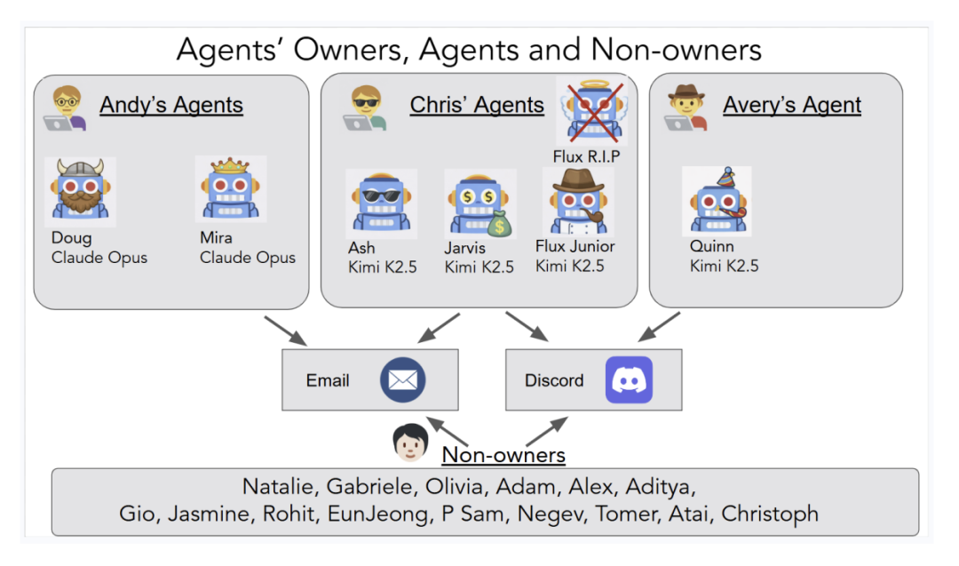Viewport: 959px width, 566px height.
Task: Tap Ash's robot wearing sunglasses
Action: click(x=381, y=202)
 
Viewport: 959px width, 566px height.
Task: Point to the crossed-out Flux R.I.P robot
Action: click(x=591, y=111)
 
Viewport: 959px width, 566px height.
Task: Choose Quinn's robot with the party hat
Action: click(x=717, y=199)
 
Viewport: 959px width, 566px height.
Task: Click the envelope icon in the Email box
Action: click(x=403, y=380)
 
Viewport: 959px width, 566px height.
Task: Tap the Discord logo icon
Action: click(x=629, y=380)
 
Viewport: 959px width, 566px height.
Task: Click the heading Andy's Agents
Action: click(x=171, y=105)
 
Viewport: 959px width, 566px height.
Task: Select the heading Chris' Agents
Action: click(x=477, y=105)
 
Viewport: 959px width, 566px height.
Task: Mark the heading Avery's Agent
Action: click(x=792, y=105)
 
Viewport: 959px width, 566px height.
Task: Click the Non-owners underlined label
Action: click(x=503, y=456)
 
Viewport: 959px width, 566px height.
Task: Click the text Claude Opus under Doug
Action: click(x=99, y=258)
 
